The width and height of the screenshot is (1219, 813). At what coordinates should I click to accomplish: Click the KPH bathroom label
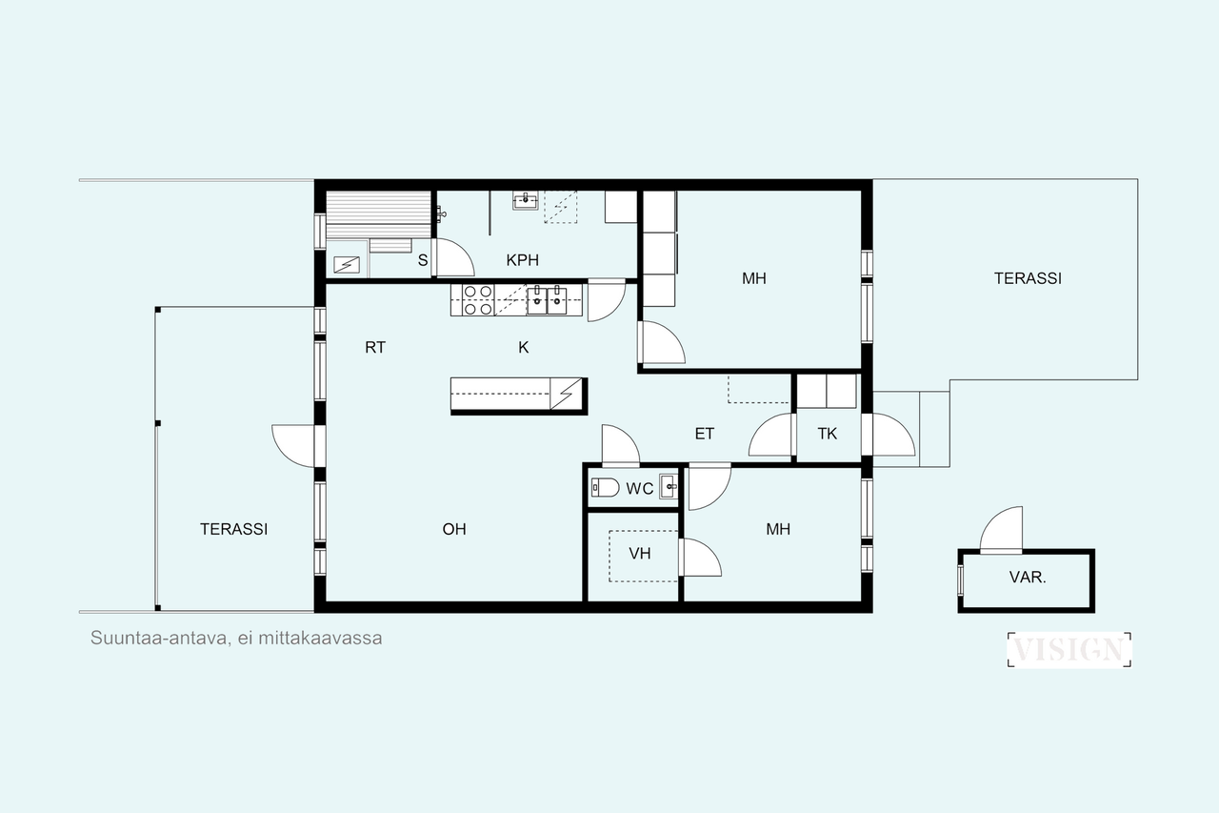tap(523, 260)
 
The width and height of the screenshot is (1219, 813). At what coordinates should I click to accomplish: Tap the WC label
tap(639, 488)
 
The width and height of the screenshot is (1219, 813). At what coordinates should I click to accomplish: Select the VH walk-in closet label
tap(639, 553)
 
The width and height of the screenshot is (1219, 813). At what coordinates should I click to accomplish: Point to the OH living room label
tap(454, 529)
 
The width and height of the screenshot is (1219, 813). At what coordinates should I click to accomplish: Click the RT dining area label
tap(375, 347)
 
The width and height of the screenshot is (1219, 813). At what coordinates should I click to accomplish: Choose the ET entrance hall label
tap(704, 434)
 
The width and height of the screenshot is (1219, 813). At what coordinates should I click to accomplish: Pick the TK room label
tap(828, 434)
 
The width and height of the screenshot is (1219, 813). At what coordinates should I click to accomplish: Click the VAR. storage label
tap(1028, 577)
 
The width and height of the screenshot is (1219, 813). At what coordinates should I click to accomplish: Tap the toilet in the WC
tap(605, 487)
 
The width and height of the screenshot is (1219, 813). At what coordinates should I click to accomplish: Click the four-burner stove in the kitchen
tap(478, 300)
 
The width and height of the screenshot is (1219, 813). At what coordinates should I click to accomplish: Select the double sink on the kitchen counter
tap(547, 300)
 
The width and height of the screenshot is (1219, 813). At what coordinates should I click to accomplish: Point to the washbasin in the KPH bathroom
tap(525, 200)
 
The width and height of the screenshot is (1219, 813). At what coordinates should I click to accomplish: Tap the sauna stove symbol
tap(347, 265)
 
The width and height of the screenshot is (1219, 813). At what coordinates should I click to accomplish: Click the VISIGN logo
tap(1069, 650)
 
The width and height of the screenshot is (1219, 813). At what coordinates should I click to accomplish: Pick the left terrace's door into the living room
tap(293, 446)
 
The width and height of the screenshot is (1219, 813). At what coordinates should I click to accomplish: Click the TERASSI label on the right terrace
tap(1028, 278)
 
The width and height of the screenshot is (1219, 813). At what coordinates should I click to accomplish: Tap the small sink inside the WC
tap(669, 486)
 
